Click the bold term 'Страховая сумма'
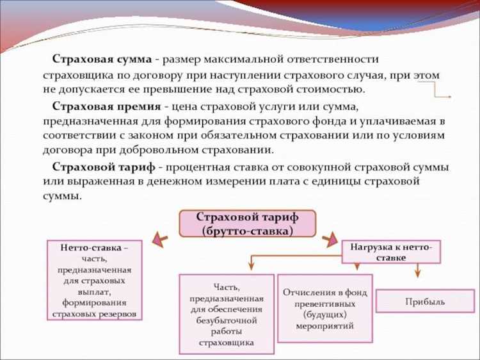102,60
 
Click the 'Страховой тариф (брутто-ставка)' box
247,223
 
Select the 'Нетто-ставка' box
94,280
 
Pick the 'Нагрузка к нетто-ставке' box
391,251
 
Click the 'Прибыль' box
424,301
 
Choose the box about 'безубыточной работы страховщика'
227,314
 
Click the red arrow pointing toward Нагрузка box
329,240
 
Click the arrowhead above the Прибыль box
417,272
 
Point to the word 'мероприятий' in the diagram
324,325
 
